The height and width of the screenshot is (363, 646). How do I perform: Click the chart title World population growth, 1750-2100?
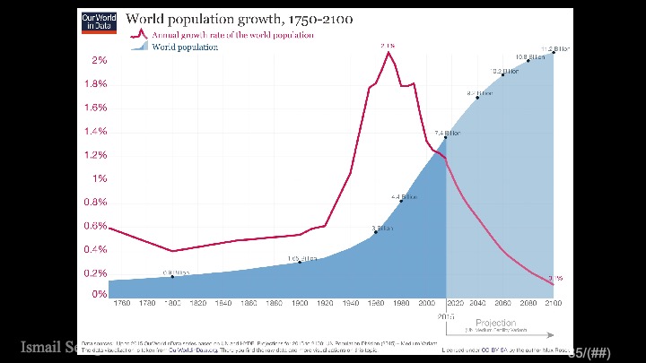pos(239,19)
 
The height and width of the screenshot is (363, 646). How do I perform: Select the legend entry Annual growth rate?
pos(231,35)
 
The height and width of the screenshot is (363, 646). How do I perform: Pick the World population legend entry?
pos(184,47)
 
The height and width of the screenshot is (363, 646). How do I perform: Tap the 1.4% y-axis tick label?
pos(96,131)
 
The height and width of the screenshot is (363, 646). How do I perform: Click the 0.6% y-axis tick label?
pos(96,226)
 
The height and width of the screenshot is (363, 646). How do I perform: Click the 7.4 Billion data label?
pos(447,133)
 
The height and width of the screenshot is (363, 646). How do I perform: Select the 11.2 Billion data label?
pos(554,48)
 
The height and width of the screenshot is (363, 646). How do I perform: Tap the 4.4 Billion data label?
pos(404,196)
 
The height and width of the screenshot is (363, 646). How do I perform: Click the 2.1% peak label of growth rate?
pos(388,45)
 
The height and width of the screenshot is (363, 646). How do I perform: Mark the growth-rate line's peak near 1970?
pos(388,52)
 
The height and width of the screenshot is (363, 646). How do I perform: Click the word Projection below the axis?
pos(496,323)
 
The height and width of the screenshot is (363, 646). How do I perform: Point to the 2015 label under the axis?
pos(446,316)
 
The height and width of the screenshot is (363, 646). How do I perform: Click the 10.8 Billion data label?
pos(529,56)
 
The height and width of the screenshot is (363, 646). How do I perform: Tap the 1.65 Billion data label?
pos(302,258)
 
